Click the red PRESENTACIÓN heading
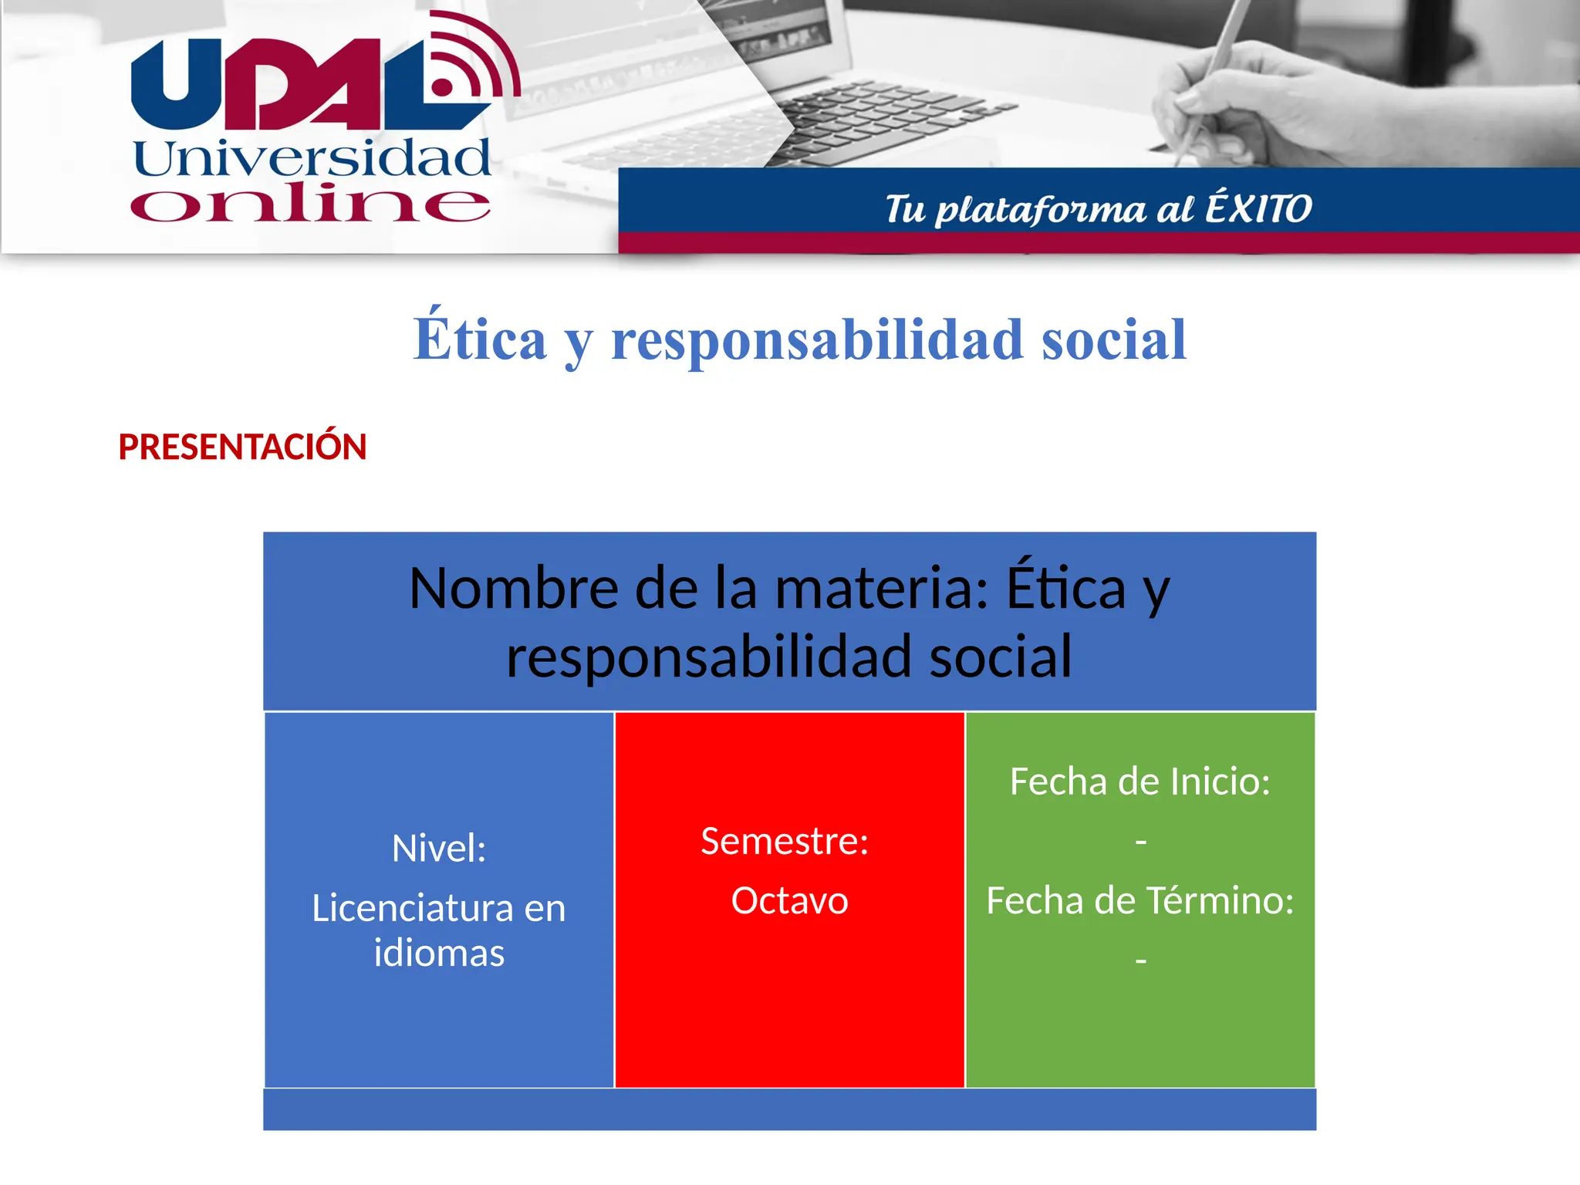pos(242,447)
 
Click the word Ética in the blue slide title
pos(480,340)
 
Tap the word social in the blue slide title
pos(1113,340)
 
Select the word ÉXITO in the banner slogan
pos(1258,208)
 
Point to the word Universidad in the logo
pos(312,159)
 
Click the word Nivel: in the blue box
pos(439,849)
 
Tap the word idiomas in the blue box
pos(439,953)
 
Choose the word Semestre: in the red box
pos(785,841)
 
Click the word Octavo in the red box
pos(789,900)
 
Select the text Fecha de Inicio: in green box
pos(1139,782)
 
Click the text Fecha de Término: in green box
pos(1139,900)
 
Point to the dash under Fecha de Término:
pos(1140,961)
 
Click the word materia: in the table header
pos(881,589)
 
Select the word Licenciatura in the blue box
pos(413,908)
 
